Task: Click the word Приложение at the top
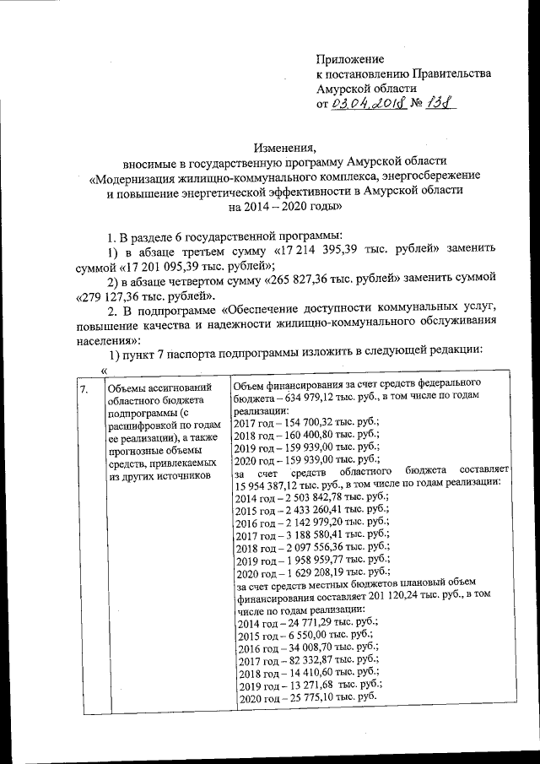tap(349, 59)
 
